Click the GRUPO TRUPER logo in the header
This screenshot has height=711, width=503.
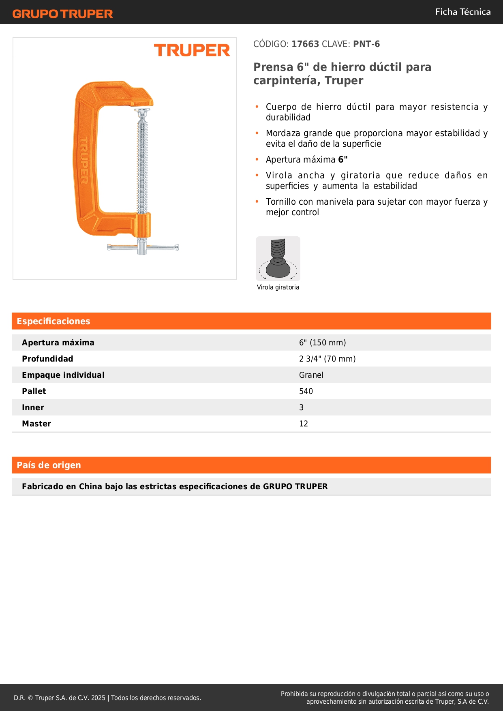(62, 14)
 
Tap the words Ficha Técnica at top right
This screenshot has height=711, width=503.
(462, 12)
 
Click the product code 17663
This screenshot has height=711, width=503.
(305, 44)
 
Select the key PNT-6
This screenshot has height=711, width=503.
(366, 44)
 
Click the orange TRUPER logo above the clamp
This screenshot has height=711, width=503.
(192, 50)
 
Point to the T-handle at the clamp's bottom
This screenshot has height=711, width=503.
(143, 247)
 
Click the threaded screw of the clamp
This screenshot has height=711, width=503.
(142, 162)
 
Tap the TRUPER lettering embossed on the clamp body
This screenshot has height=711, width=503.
(84, 160)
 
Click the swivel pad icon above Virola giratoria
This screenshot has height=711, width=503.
(278, 259)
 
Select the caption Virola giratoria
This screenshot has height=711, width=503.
(278, 287)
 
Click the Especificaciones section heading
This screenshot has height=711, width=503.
(54, 321)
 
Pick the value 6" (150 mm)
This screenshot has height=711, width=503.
(322, 343)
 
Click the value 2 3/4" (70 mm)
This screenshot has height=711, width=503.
(327, 359)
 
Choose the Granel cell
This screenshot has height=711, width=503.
(311, 375)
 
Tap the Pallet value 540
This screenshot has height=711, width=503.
(306, 391)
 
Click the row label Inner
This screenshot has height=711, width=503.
(33, 407)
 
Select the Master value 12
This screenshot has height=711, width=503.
(304, 424)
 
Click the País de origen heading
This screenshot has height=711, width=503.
(49, 465)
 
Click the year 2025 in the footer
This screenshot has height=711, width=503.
(98, 698)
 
